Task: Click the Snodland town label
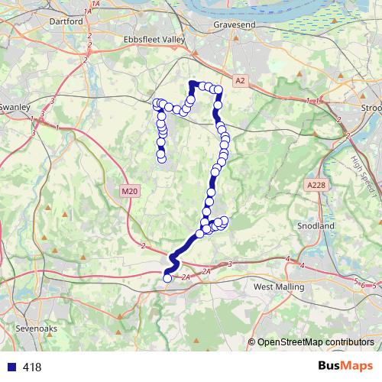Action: tap(316, 227)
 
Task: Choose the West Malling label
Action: tap(278, 286)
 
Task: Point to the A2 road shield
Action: tap(241, 80)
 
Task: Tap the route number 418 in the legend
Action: tap(32, 367)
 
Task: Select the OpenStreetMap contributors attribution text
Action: tap(316, 342)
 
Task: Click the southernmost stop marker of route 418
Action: tap(167, 278)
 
